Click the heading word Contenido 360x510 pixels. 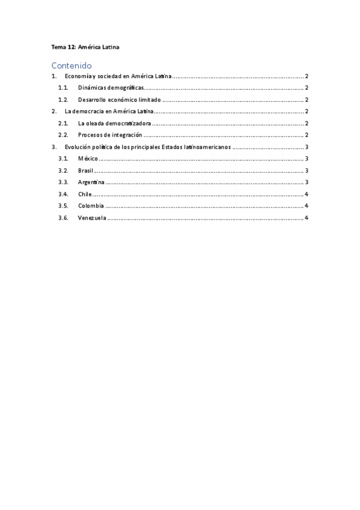(x=71, y=65)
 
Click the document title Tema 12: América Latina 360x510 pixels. (x=85, y=46)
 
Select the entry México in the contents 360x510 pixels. (x=88, y=159)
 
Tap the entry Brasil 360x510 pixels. (x=85, y=171)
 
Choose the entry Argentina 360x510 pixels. (x=91, y=182)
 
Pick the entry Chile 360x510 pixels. (x=85, y=194)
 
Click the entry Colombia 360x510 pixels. (x=91, y=206)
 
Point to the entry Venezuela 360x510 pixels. (x=93, y=218)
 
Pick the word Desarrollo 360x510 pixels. (x=93, y=100)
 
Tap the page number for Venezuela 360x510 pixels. (x=307, y=218)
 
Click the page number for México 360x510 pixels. (x=307, y=159)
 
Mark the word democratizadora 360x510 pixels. (x=129, y=124)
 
